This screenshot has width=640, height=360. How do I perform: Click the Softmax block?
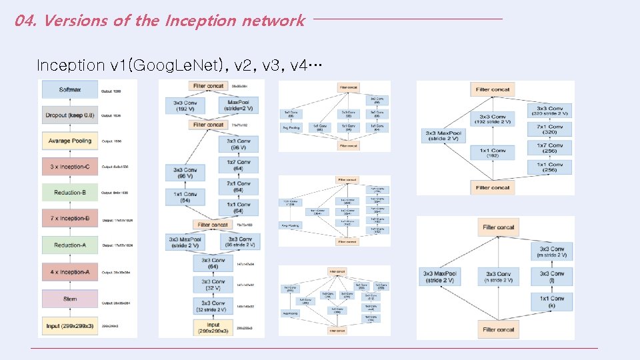click(70, 89)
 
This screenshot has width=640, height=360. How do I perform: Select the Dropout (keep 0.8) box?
click(70, 115)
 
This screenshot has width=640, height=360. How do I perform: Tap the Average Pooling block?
click(70, 141)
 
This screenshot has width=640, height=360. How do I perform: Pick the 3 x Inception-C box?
click(70, 166)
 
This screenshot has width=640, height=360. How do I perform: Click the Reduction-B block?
click(70, 192)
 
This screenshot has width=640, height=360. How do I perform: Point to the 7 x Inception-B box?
click(70, 218)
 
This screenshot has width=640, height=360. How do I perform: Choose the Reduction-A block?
click(70, 245)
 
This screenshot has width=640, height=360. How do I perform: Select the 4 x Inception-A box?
click(70, 272)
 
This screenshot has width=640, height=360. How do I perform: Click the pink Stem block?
click(70, 299)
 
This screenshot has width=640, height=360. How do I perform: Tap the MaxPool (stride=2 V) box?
click(239, 106)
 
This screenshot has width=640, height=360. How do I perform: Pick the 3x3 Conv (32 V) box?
click(214, 285)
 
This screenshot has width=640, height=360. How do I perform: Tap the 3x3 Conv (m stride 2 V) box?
click(551, 253)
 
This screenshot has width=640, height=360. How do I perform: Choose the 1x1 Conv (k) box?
click(551, 301)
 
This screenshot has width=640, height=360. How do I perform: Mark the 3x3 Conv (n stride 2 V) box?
click(499, 277)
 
